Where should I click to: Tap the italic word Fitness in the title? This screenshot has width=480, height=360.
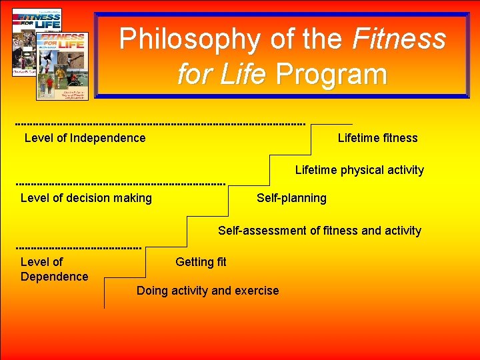399,39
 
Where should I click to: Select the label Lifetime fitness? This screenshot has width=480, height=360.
377,138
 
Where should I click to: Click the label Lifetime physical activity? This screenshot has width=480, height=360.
359,170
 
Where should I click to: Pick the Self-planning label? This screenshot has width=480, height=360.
291,198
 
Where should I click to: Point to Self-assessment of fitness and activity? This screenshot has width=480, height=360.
319,231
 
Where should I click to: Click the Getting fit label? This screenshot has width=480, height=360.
201,262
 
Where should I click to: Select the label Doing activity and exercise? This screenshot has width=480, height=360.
207,291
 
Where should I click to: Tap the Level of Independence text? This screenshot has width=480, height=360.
85,138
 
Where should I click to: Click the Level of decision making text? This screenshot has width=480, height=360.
86,198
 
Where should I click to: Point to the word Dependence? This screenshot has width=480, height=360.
54,277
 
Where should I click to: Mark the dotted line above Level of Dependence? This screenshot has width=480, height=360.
79,247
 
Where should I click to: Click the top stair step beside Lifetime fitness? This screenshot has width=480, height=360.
331,125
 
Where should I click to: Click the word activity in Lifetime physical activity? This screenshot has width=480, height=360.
400,170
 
